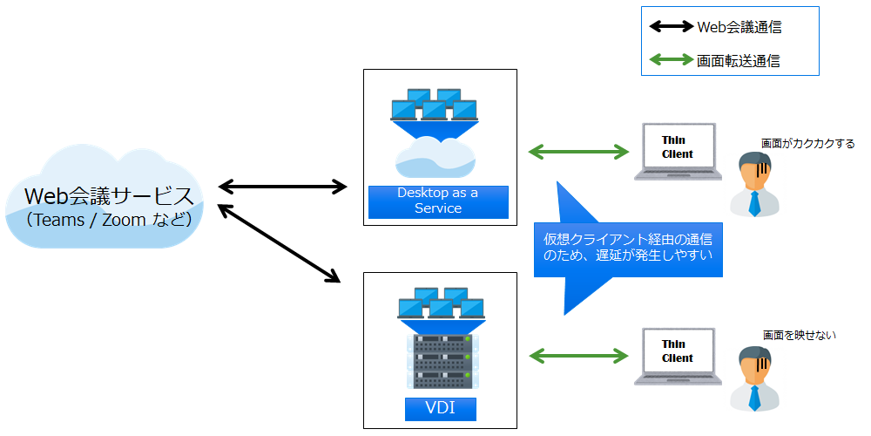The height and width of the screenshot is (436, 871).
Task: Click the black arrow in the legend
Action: pyautogui.click(x=672, y=27)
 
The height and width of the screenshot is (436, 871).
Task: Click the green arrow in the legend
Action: pyautogui.click(x=672, y=61)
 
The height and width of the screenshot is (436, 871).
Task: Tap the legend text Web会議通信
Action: pyautogui.click(x=739, y=27)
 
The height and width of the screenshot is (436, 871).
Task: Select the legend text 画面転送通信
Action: pyautogui.click(x=739, y=61)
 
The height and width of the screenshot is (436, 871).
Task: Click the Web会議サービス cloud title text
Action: pyautogui.click(x=109, y=194)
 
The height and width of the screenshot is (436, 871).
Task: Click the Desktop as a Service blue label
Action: pyautogui.click(x=438, y=201)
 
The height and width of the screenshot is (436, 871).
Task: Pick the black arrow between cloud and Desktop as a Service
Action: pyautogui.click(x=283, y=186)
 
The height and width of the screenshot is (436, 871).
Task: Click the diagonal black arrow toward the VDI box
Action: pyautogui.click(x=279, y=244)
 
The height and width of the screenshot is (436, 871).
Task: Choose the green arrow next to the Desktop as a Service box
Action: pyautogui.click(x=579, y=153)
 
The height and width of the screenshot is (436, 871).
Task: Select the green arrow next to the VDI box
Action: pyautogui.click(x=579, y=355)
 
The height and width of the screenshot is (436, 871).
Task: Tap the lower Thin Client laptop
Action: pyautogui.click(x=678, y=355)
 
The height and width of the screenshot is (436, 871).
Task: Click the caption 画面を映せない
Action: pyautogui.click(x=799, y=335)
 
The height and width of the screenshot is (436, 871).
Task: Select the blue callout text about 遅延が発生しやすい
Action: pyautogui.click(x=627, y=247)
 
